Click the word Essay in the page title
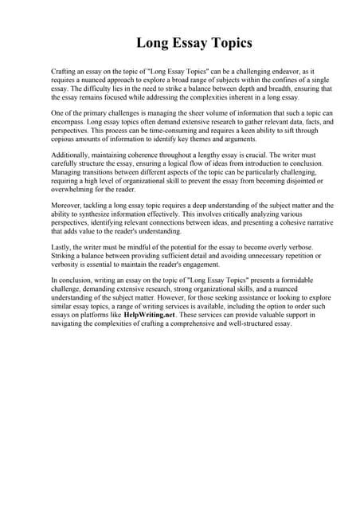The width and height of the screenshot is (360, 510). click(x=180, y=41)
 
